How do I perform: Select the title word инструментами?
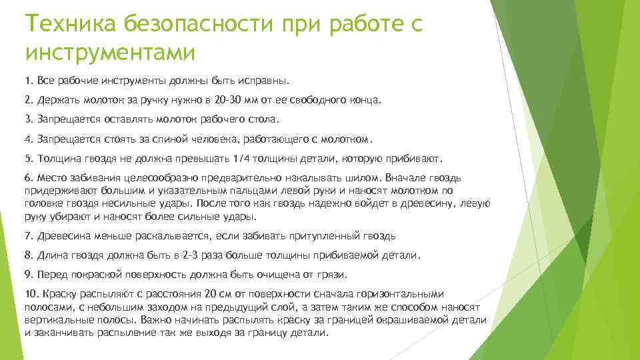110,52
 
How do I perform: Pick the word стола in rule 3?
264,120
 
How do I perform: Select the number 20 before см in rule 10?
211,294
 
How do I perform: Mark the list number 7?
27,235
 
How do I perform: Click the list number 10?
31,294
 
